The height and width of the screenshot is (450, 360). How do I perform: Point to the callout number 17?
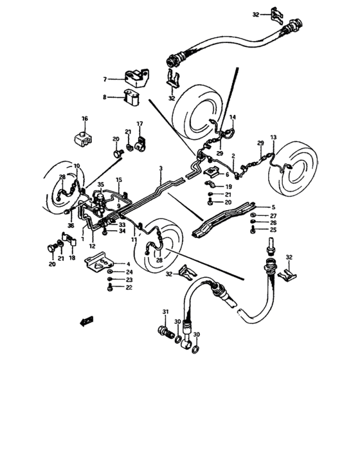tap(139, 123)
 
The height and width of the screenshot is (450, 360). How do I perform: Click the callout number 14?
tap(233, 117)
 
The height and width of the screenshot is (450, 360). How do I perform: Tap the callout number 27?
tap(273, 215)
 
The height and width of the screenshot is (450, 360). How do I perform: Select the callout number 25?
tap(273, 230)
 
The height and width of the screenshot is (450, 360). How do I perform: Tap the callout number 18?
tap(71, 257)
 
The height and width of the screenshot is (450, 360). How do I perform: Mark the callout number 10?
tap(76, 166)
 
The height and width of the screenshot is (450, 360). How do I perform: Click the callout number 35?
tap(100, 185)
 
